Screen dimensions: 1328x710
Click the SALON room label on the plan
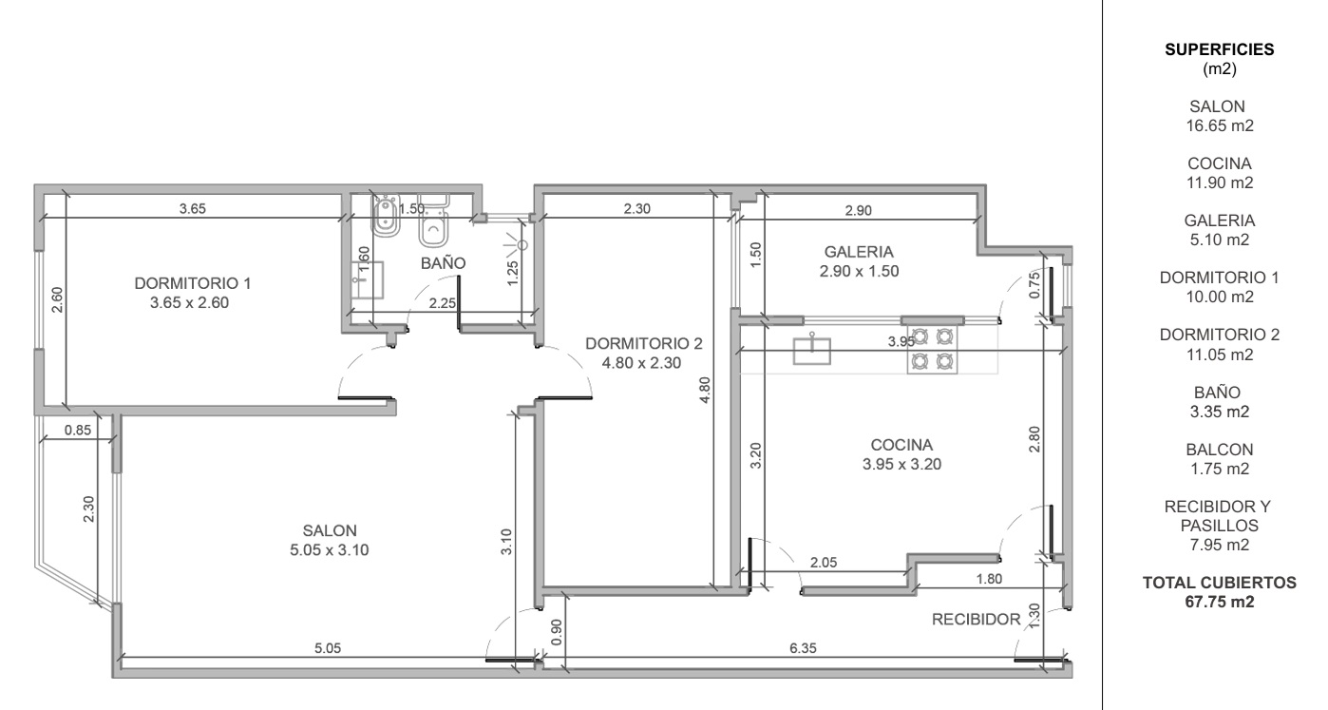click(x=330, y=530)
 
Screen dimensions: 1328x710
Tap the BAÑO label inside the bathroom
click(x=443, y=262)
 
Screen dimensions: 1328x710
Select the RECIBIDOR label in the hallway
click(x=976, y=620)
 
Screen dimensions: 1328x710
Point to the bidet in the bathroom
click(x=387, y=218)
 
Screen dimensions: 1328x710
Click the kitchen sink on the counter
click(x=811, y=350)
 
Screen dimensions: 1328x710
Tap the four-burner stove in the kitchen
click(x=932, y=350)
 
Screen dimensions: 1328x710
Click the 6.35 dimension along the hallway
click(x=803, y=647)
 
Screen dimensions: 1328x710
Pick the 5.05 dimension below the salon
click(x=328, y=647)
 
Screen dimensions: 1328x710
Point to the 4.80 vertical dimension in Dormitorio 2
click(x=704, y=391)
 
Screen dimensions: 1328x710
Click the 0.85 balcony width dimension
click(x=78, y=430)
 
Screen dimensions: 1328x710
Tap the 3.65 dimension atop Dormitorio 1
click(x=193, y=208)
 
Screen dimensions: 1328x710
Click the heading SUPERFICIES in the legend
click(x=1219, y=49)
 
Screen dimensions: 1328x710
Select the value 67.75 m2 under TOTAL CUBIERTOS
click(x=1220, y=602)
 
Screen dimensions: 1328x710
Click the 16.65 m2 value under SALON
click(x=1220, y=125)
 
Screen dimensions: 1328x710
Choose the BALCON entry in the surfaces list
click(x=1220, y=450)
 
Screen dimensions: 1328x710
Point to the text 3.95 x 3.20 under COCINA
click(x=901, y=464)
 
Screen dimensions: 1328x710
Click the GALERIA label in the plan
click(x=859, y=252)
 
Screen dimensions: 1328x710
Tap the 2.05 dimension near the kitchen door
click(x=824, y=563)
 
